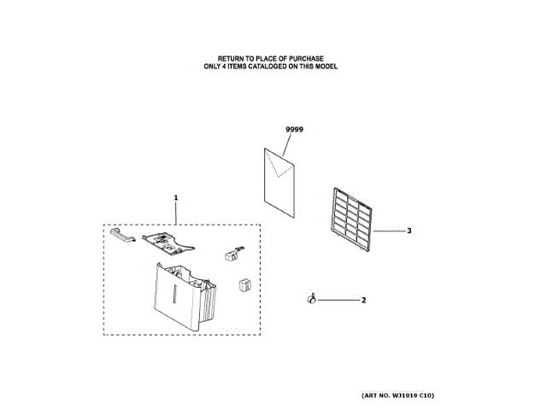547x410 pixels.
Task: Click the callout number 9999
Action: [x=295, y=129]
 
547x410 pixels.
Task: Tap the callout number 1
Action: [x=175, y=197]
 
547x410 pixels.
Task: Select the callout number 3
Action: [x=409, y=231]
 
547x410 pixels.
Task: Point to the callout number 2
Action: [x=363, y=300]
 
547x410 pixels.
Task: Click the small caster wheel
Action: [x=309, y=299]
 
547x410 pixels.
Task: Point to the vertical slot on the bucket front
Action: [x=173, y=295]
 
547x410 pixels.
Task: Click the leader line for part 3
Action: [x=389, y=231]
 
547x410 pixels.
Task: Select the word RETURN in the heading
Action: [x=232, y=59]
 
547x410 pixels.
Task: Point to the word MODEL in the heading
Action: [x=328, y=67]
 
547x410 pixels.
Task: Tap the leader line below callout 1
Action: [x=176, y=213]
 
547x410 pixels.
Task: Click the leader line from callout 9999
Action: [x=287, y=148]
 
